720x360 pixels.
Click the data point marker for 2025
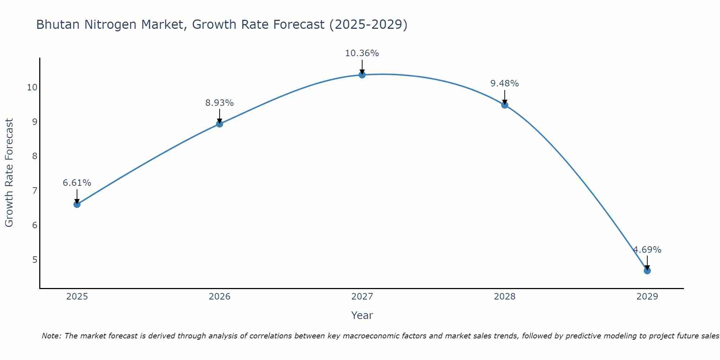pyautogui.click(x=77, y=204)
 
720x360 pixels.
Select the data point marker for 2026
pyautogui.click(x=220, y=124)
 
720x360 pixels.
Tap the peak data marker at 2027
pyautogui.click(x=362, y=75)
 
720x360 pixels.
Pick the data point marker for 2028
pyautogui.click(x=505, y=105)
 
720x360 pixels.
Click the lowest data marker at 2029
pyautogui.click(x=647, y=271)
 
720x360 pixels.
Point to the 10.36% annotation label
pyautogui.click(x=362, y=53)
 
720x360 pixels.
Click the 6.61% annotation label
pyautogui.click(x=77, y=183)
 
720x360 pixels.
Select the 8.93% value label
pyautogui.click(x=220, y=103)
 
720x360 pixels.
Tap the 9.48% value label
pyautogui.click(x=505, y=84)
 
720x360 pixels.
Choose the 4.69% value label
pyautogui.click(x=647, y=250)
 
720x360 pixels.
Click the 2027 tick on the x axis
pyautogui.click(x=362, y=297)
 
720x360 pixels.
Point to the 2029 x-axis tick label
pyautogui.click(x=647, y=297)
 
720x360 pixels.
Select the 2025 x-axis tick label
pyautogui.click(x=77, y=297)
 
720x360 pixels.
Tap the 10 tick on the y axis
pyautogui.click(x=32, y=87)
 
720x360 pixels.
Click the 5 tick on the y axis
pyautogui.click(x=35, y=260)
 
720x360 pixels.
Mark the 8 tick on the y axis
pyautogui.click(x=35, y=156)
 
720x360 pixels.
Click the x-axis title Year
pyautogui.click(x=362, y=315)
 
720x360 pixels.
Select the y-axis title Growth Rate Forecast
pyautogui.click(x=9, y=173)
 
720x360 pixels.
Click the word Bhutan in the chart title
pyautogui.click(x=58, y=24)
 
